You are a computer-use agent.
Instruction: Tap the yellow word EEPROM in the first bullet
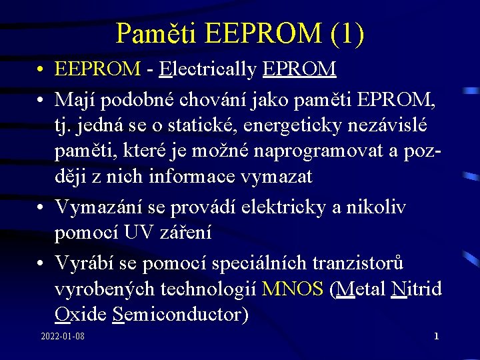tap(98, 68)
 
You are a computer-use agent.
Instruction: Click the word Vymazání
tap(99, 207)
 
